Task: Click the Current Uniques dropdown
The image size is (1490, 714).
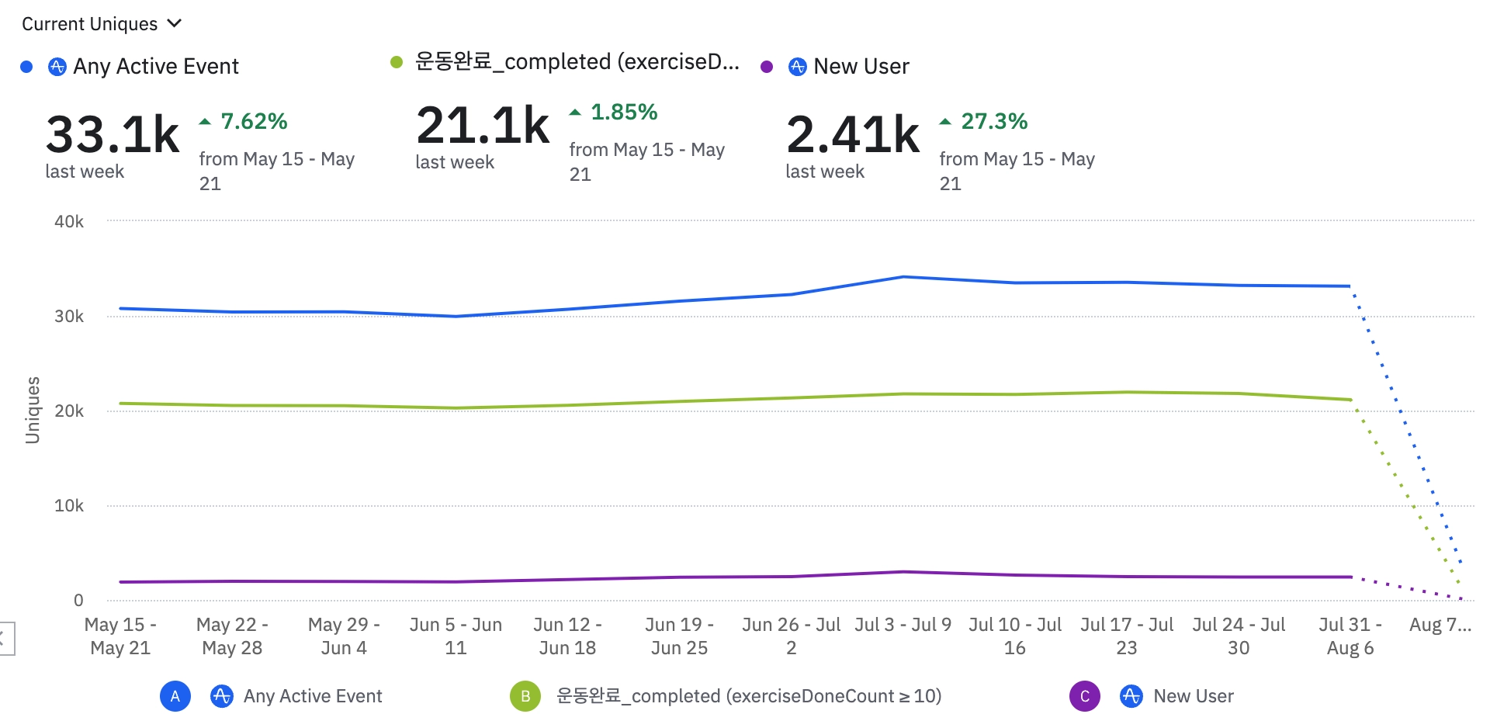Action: tap(101, 24)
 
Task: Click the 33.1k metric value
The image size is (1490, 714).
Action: tap(113, 134)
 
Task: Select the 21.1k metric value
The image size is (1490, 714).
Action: tap(483, 125)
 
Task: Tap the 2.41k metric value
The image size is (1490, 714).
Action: tap(853, 134)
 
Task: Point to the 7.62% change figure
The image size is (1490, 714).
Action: tap(254, 121)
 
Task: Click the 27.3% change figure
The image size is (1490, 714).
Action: tap(994, 121)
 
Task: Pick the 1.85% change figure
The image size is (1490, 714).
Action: tap(624, 112)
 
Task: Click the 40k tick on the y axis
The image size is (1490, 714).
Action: tap(69, 222)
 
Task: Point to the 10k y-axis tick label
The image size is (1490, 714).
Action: tap(69, 506)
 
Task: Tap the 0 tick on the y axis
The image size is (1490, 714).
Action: tap(78, 600)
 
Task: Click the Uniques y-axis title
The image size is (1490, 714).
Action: tap(33, 410)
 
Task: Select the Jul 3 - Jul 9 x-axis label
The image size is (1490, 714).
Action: tap(903, 625)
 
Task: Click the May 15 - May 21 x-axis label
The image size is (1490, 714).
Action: tap(120, 636)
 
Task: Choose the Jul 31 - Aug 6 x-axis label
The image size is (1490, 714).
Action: tap(1350, 636)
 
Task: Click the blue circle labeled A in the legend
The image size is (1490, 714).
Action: tap(175, 696)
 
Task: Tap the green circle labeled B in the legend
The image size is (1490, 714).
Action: tap(525, 696)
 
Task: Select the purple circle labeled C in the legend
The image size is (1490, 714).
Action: tap(1085, 696)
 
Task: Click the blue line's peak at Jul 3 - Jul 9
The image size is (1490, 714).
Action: tap(903, 276)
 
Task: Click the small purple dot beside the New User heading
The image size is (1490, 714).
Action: tap(767, 67)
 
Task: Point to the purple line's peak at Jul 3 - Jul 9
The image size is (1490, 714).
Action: tap(903, 572)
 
